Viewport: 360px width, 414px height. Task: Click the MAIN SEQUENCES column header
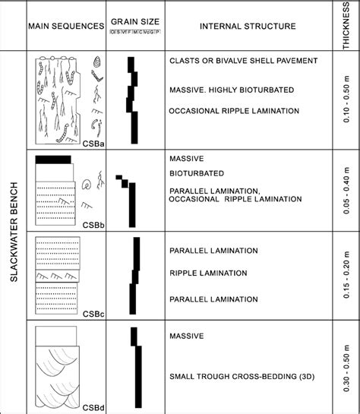[x=66, y=26]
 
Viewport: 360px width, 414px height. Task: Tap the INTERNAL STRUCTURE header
[x=248, y=26]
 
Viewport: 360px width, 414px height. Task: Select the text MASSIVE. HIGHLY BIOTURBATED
[x=231, y=90]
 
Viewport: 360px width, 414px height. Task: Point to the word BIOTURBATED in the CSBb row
[x=200, y=174]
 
